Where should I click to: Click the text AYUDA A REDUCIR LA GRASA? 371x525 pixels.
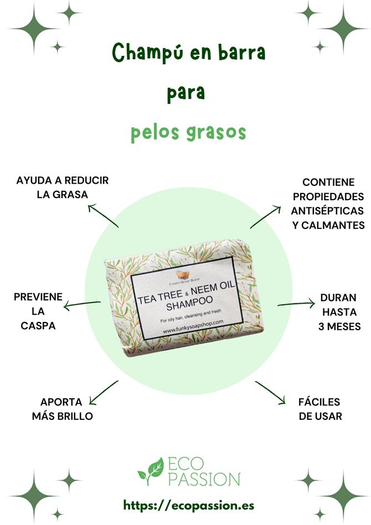click(x=63, y=188)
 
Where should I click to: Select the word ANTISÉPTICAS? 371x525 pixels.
click(x=328, y=211)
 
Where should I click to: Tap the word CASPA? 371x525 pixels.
click(x=38, y=326)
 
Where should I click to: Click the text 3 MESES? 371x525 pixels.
click(x=339, y=326)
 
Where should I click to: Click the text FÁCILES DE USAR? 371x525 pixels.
click(x=320, y=409)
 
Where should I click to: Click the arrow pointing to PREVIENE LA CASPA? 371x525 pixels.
click(x=82, y=304)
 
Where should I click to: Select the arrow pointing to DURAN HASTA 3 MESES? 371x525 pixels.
click(x=296, y=303)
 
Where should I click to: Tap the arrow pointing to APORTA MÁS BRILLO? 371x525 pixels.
click(x=103, y=392)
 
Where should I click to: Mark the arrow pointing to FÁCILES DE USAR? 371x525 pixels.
click(x=270, y=392)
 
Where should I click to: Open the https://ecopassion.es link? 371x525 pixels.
click(x=189, y=505)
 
